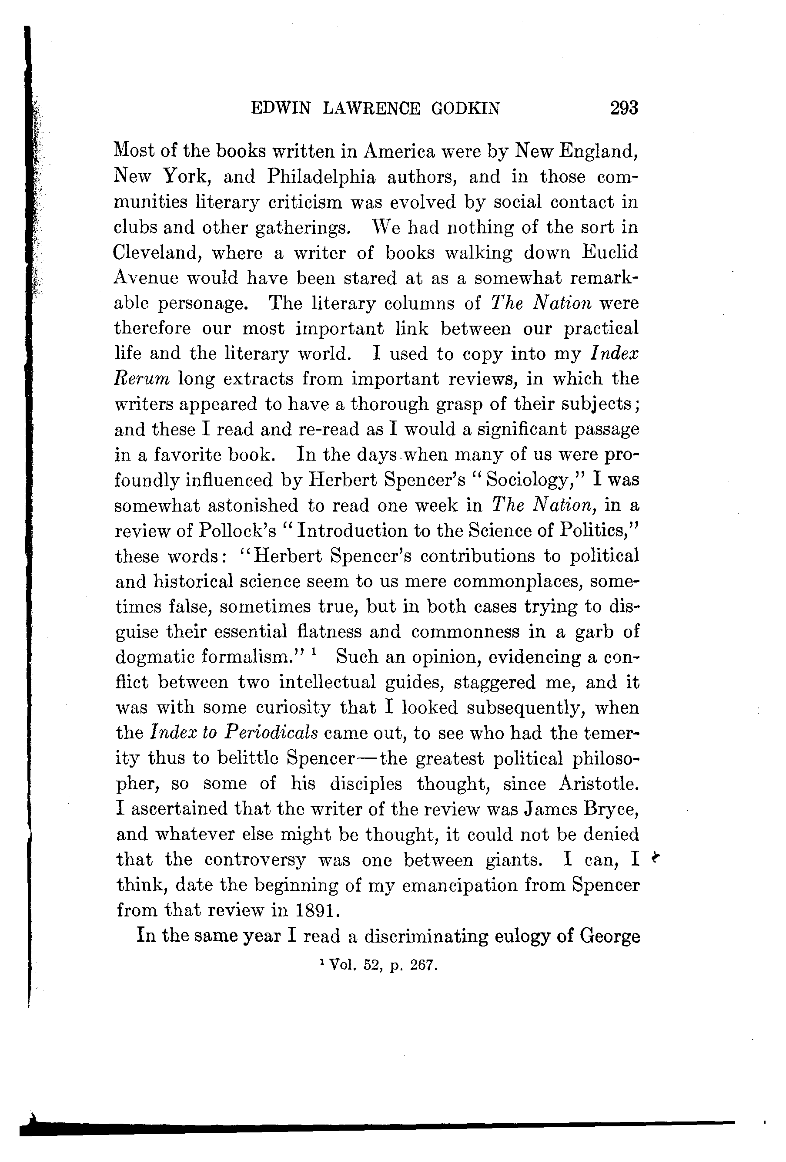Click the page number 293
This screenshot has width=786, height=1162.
624,108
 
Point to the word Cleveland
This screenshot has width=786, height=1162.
157,253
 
